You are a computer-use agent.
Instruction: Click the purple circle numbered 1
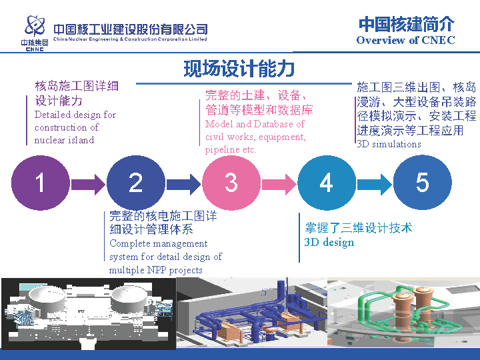41,182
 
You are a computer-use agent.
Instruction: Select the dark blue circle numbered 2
136,182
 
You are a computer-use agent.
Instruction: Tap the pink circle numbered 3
231,182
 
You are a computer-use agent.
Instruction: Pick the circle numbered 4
327,182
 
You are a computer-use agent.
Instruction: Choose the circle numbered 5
422,182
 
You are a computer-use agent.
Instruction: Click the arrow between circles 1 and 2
88,182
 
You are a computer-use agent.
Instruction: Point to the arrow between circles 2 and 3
183,182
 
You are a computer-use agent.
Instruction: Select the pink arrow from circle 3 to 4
279,182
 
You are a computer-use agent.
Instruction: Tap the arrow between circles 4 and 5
374,182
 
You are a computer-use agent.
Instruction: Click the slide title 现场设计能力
239,69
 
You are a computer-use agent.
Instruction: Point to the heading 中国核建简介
406,24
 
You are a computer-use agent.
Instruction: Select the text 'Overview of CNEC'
405,40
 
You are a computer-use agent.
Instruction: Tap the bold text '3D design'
329,243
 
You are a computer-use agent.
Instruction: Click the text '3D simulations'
389,144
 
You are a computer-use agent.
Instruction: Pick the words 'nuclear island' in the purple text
64,140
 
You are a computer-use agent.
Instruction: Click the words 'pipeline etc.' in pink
231,149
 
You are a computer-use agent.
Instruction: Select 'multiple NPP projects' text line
155,270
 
